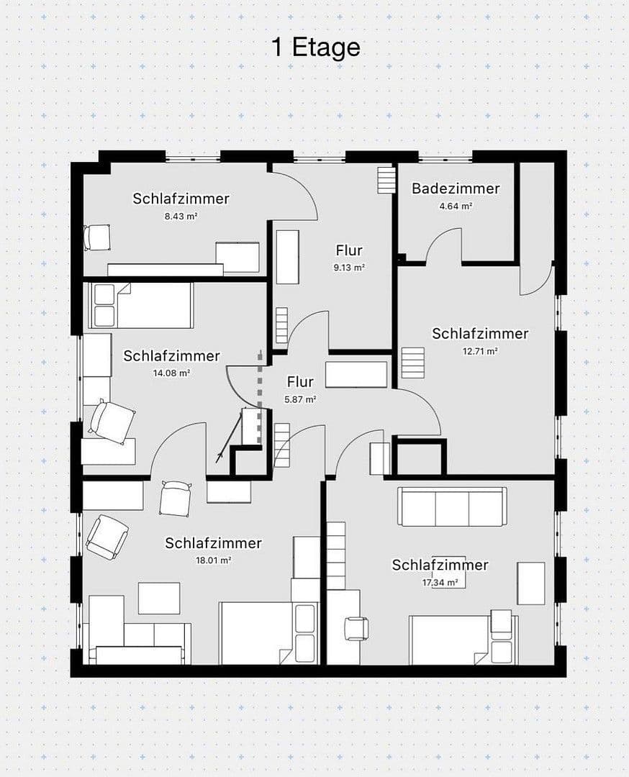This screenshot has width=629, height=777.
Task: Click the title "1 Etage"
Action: coord(316,47)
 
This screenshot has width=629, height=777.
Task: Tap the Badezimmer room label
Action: coord(456,188)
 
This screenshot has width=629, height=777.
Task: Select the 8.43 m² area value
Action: coord(181,215)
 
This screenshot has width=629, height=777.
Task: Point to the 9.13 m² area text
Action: coord(349,267)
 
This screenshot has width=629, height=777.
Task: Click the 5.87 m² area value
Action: coord(300,399)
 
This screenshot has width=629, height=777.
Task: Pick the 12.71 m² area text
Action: coord(480,351)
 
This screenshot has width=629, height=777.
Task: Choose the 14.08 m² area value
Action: coord(171,373)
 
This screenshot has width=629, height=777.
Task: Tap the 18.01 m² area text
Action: coord(213,560)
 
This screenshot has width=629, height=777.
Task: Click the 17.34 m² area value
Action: coord(440,583)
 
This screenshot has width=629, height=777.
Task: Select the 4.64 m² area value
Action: coord(456,206)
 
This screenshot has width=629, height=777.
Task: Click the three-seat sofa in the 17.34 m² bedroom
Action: coord(453,507)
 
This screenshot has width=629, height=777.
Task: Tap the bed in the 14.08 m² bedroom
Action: coord(140,305)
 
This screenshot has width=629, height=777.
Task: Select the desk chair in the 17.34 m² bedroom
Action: coord(357,628)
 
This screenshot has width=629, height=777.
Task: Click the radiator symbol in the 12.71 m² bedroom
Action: coord(414,358)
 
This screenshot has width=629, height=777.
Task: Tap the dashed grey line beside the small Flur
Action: coord(261,381)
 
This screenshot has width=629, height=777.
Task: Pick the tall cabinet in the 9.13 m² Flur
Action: coord(288,257)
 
